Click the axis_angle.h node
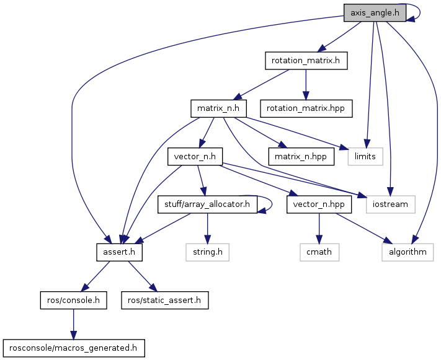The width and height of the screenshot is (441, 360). click(x=374, y=13)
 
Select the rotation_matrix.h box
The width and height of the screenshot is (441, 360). click(x=305, y=61)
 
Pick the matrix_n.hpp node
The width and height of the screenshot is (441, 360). click(x=301, y=156)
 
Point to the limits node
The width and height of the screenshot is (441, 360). click(x=365, y=156)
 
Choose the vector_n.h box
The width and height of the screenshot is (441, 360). click(x=195, y=156)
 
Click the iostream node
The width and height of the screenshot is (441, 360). click(x=390, y=204)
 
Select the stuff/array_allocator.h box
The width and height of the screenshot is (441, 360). click(x=207, y=204)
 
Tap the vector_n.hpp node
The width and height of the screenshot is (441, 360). click(x=319, y=204)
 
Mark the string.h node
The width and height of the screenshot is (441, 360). click(x=207, y=252)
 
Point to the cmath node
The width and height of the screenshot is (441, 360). click(x=319, y=252)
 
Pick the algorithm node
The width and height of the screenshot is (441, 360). click(x=407, y=252)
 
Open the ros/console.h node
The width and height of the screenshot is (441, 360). click(x=73, y=300)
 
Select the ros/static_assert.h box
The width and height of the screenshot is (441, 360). click(x=164, y=300)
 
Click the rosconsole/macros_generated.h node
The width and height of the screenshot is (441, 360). click(x=73, y=348)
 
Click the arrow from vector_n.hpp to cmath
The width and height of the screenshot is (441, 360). click(x=319, y=228)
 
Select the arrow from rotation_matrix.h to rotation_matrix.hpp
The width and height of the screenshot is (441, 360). click(x=306, y=84)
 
